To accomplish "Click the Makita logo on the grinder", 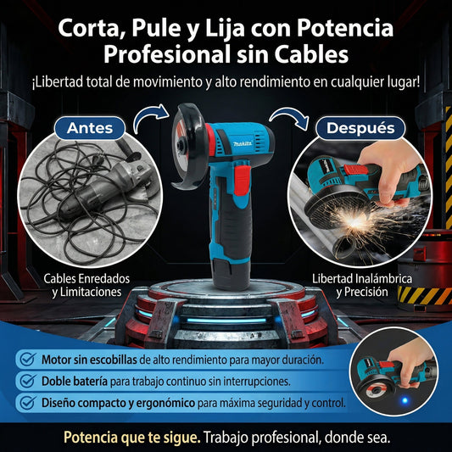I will point(218,145).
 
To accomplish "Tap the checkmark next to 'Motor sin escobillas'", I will point(27,359).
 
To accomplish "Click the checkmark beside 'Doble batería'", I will point(27,381).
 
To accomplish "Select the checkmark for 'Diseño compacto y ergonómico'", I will point(27,403).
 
